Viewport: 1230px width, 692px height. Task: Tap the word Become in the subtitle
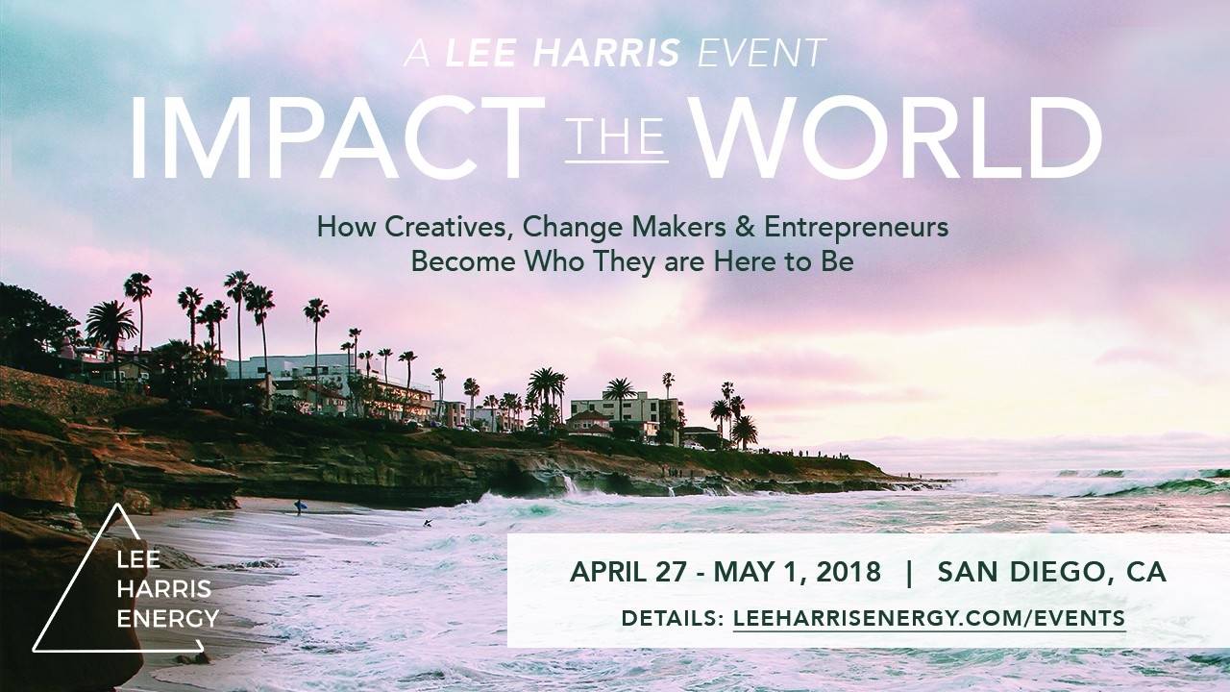[458, 260]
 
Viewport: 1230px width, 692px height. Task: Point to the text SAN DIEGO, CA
[1051, 572]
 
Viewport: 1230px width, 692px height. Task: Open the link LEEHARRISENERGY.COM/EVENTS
[928, 618]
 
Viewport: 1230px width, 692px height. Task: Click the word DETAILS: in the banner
[673, 618]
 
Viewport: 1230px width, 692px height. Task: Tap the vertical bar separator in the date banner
[909, 572]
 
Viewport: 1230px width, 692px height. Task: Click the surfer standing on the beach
[298, 507]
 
